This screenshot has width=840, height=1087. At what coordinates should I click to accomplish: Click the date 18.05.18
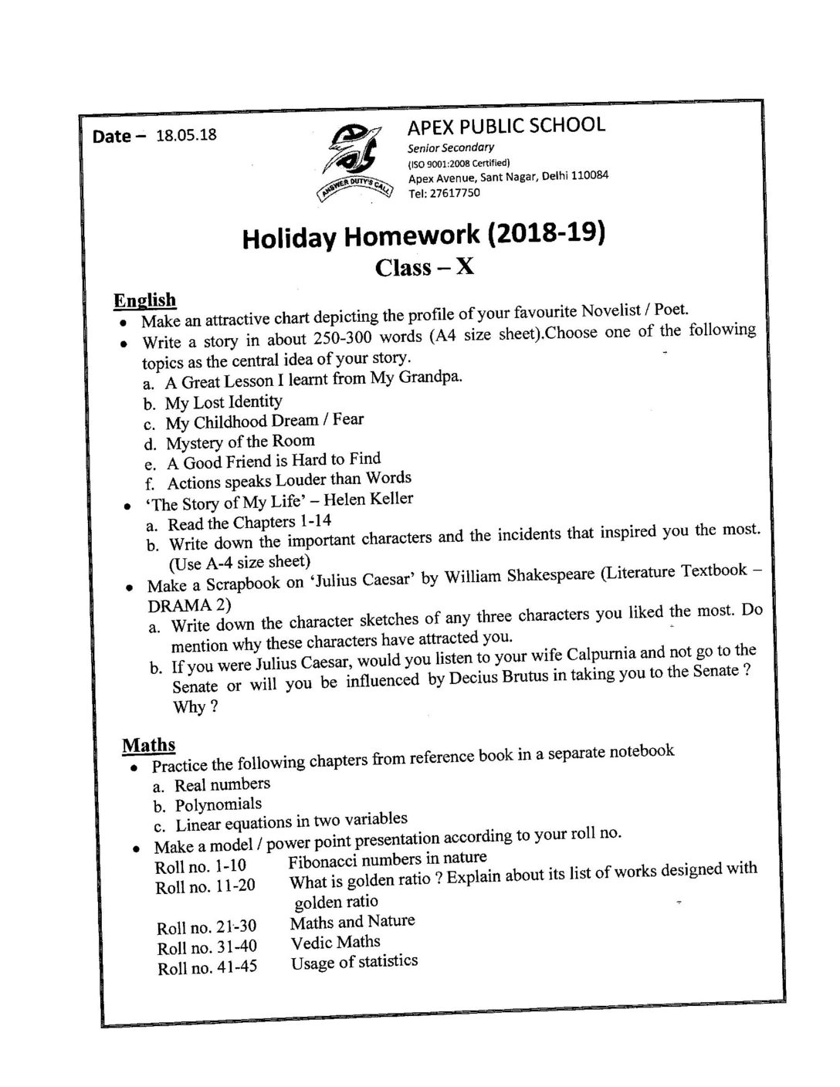[186, 135]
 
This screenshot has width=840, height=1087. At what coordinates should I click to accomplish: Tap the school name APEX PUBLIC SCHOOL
[506, 125]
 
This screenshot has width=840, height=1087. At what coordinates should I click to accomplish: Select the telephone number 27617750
[449, 192]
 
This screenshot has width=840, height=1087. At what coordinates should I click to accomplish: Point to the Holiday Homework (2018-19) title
[423, 235]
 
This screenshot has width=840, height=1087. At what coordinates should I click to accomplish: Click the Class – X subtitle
[424, 267]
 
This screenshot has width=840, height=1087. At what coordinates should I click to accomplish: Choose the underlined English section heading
[144, 300]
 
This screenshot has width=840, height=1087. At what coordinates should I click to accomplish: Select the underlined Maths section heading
[148, 745]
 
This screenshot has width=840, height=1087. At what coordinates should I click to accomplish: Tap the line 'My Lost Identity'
[223, 401]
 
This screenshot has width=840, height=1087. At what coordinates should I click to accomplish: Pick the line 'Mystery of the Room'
[240, 442]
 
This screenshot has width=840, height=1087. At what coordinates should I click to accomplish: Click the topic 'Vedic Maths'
[335, 942]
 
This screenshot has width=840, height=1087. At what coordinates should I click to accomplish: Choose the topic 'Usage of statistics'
[354, 962]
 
